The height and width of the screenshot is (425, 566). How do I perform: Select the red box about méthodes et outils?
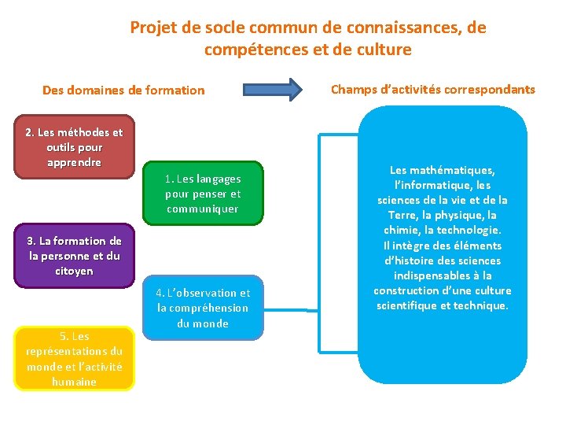[75, 147]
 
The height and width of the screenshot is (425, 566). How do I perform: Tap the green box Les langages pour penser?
[203, 194]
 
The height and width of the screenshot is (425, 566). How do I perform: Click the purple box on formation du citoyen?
[75, 256]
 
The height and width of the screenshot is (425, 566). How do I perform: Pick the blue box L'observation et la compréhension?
[203, 308]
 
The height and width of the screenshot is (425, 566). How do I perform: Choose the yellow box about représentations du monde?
[75, 359]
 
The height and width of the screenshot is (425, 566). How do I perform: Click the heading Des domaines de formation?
[123, 90]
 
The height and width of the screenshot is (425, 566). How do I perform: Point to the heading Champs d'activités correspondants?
[432, 89]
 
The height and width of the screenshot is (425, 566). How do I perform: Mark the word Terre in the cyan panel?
[402, 215]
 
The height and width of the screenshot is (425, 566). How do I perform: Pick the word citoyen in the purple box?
[74, 271]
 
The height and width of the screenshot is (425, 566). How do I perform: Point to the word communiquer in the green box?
[203, 209]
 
